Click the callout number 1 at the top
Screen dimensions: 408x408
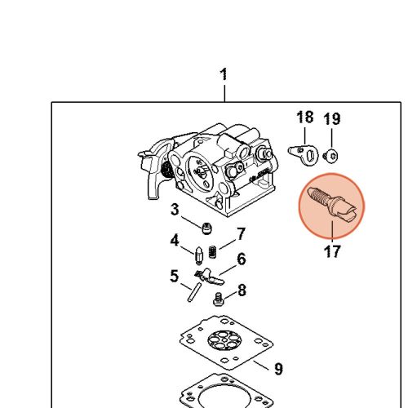point(224,74)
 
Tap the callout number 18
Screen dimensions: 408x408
point(304,117)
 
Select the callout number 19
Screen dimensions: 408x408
point(332,118)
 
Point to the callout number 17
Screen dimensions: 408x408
point(332,251)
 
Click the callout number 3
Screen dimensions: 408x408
point(175,210)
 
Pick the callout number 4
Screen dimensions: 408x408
point(175,240)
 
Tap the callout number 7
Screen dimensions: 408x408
point(241,234)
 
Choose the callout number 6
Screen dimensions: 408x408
point(242,259)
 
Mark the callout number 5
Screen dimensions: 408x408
point(174,276)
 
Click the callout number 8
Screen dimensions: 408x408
point(242,290)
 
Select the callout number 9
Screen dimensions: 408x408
point(278,369)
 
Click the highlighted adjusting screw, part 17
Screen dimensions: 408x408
point(332,205)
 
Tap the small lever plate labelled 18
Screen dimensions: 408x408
point(304,155)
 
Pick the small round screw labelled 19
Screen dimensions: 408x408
point(330,157)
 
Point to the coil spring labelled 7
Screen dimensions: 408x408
point(213,252)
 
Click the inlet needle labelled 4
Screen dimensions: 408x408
point(199,255)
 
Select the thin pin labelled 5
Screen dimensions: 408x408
point(194,292)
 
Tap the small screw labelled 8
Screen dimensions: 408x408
point(218,299)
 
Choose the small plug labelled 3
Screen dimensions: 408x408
point(207,228)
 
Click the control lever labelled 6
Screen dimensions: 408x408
point(210,277)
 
